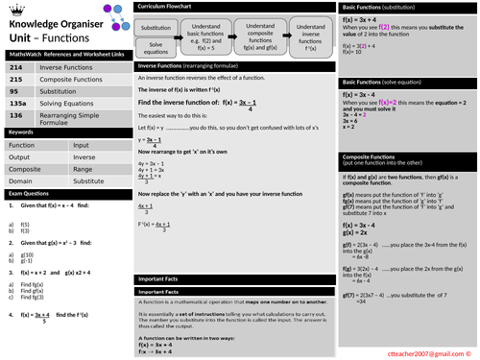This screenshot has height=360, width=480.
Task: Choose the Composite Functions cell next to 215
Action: tap(73, 80)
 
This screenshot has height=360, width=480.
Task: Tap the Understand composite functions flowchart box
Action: tap(260, 33)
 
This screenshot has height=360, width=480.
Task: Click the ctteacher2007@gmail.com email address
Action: tap(423, 351)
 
